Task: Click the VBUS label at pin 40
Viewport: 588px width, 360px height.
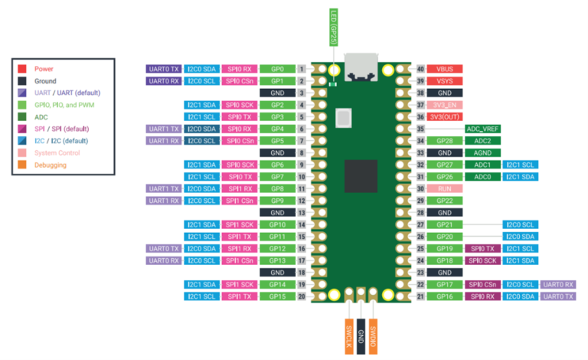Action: [x=444, y=69]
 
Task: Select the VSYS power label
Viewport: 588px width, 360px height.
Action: [x=444, y=80]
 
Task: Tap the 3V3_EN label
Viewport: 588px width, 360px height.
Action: [x=444, y=105]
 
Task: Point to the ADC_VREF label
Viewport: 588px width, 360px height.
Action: [x=483, y=129]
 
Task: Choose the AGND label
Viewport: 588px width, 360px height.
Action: [x=483, y=152]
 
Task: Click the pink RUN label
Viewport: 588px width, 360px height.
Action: [x=444, y=188]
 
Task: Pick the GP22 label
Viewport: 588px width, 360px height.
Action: [x=444, y=200]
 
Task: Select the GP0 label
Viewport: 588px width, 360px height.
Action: [x=277, y=69]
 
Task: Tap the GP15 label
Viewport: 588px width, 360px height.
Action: [x=277, y=296]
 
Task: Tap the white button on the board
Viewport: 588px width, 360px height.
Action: [x=344, y=119]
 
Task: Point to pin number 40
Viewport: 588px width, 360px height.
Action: [x=420, y=69]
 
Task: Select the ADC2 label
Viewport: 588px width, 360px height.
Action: [x=483, y=141]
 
